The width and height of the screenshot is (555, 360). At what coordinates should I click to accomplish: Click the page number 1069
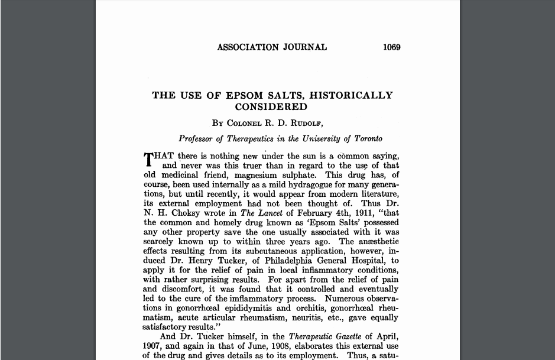click(391, 47)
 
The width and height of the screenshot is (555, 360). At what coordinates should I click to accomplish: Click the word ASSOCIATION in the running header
click(247, 47)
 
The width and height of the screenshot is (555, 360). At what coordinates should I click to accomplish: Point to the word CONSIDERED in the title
click(271, 107)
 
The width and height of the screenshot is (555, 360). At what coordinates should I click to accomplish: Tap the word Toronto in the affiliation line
click(368, 139)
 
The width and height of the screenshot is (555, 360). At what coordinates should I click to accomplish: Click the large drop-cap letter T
click(148, 160)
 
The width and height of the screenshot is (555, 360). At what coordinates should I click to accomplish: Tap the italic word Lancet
click(271, 213)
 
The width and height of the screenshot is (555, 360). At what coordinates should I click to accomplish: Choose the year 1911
click(362, 213)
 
